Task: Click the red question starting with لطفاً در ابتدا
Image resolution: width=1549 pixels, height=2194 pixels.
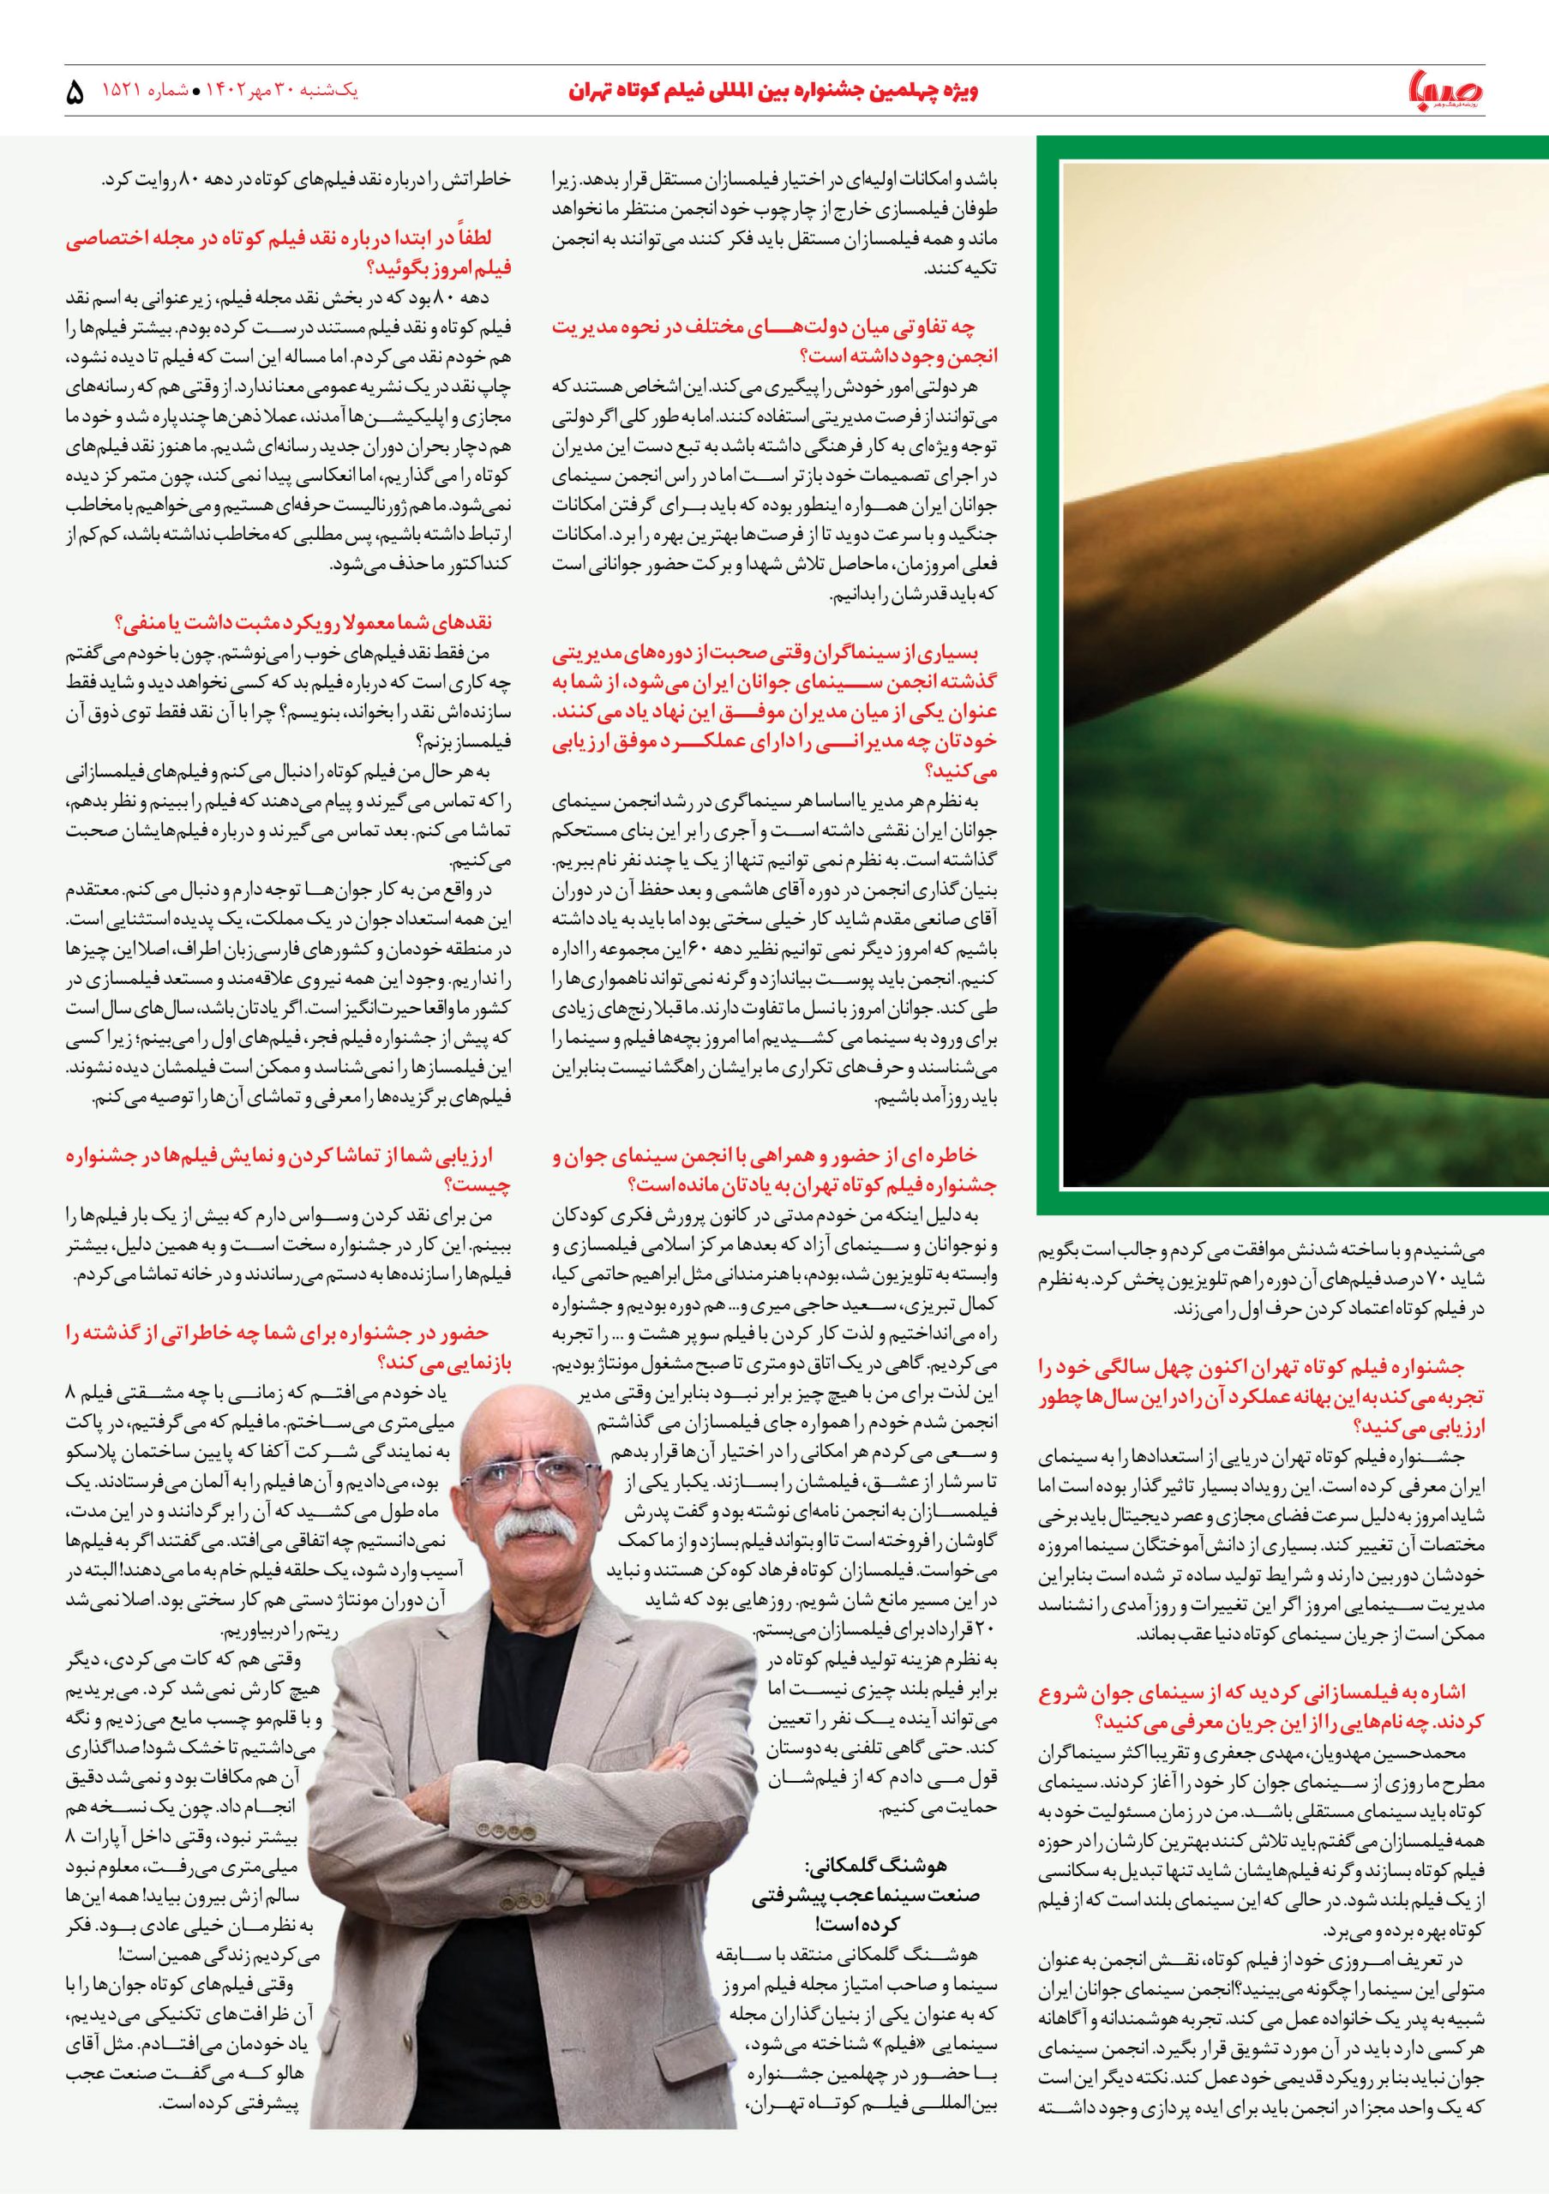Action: click(x=291, y=251)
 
